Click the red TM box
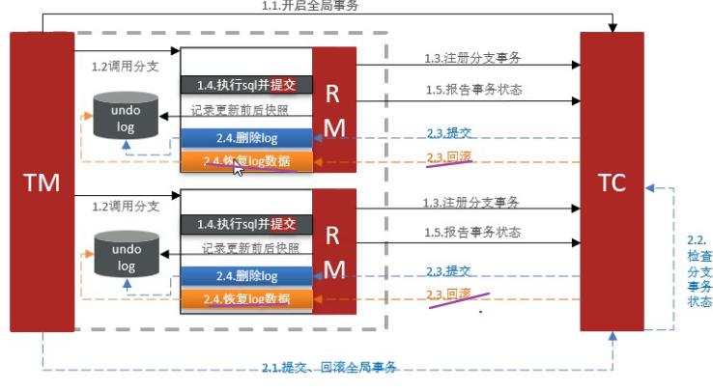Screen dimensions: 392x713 [x=41, y=182]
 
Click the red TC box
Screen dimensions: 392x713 [x=611, y=182]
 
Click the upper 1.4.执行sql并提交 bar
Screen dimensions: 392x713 [x=246, y=85]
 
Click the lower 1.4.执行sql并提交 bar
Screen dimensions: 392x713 [x=246, y=224]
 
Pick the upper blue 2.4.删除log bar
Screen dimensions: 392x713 [x=246, y=138]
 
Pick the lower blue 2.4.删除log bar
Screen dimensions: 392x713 [x=246, y=277]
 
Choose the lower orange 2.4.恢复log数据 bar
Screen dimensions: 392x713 [x=246, y=299]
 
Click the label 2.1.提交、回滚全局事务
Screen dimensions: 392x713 [x=329, y=367]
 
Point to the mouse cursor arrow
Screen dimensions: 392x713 [x=239, y=167]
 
